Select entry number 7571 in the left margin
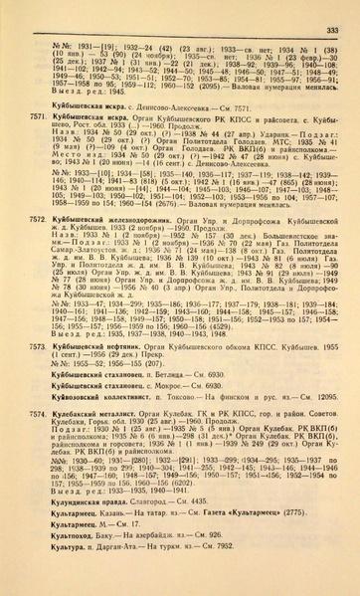pyautogui.click(x=39, y=116)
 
